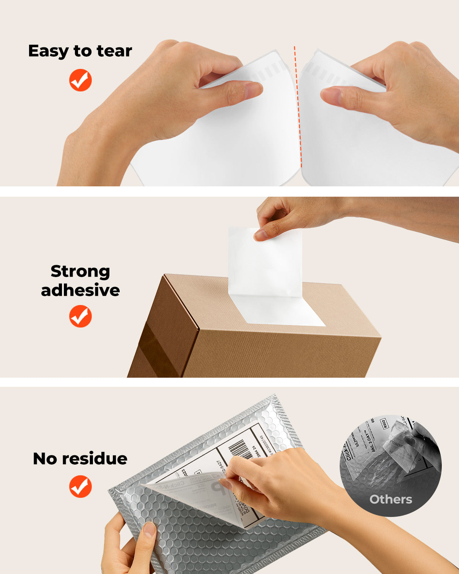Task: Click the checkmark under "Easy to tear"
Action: pyautogui.click(x=80, y=80)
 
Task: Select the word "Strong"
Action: pyautogui.click(x=80, y=271)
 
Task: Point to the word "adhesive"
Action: pyautogui.click(x=80, y=290)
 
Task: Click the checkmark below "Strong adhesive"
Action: pyautogui.click(x=80, y=316)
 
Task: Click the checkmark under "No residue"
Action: pyautogui.click(x=80, y=486)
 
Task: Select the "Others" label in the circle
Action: pyautogui.click(x=391, y=499)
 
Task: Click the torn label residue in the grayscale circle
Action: pyautogui.click(x=382, y=465)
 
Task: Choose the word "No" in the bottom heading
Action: pyautogui.click(x=45, y=458)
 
